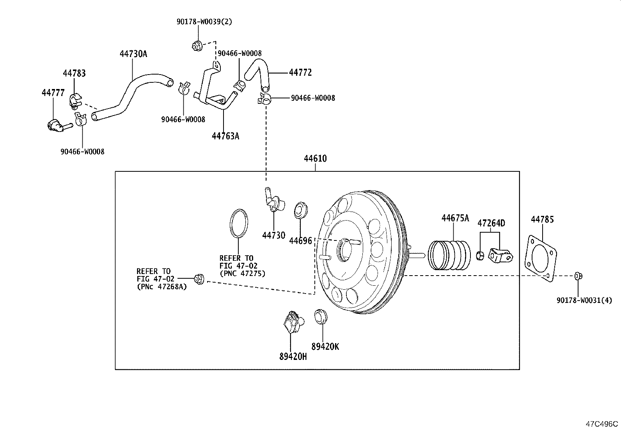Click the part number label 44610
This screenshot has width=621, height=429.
pos(315,159)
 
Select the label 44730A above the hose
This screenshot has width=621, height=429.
pos(133,54)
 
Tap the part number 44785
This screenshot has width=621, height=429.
pos(542,219)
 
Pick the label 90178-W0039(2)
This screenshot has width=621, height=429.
pos(204,22)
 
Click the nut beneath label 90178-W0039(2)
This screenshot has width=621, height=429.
pos(197,46)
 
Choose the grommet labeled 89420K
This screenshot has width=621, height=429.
pos(320,316)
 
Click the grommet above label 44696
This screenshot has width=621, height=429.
pos(301,210)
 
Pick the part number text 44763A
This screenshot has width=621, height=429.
pos(225,136)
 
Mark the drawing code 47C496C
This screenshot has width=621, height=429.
pos(601,424)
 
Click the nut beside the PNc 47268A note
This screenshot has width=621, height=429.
pos(199,279)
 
